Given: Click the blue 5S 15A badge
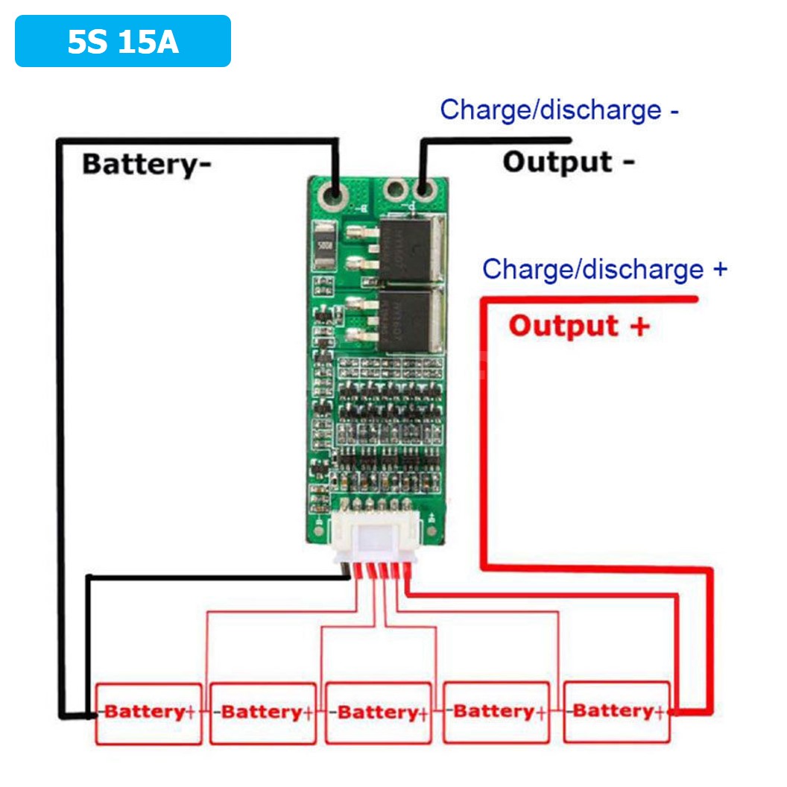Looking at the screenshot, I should click(x=123, y=42).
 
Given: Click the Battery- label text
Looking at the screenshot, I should click(x=146, y=163).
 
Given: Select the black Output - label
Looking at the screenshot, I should click(x=568, y=162).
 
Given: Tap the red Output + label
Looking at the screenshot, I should click(x=578, y=326).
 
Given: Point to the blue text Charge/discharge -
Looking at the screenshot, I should click(x=559, y=110).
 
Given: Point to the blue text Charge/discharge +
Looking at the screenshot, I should click(x=604, y=269).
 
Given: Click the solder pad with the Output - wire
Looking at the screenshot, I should click(x=424, y=192).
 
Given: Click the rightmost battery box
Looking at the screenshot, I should click(x=616, y=712).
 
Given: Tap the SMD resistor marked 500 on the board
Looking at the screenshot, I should click(x=325, y=246).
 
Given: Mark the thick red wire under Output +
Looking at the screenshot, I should click(x=589, y=300).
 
